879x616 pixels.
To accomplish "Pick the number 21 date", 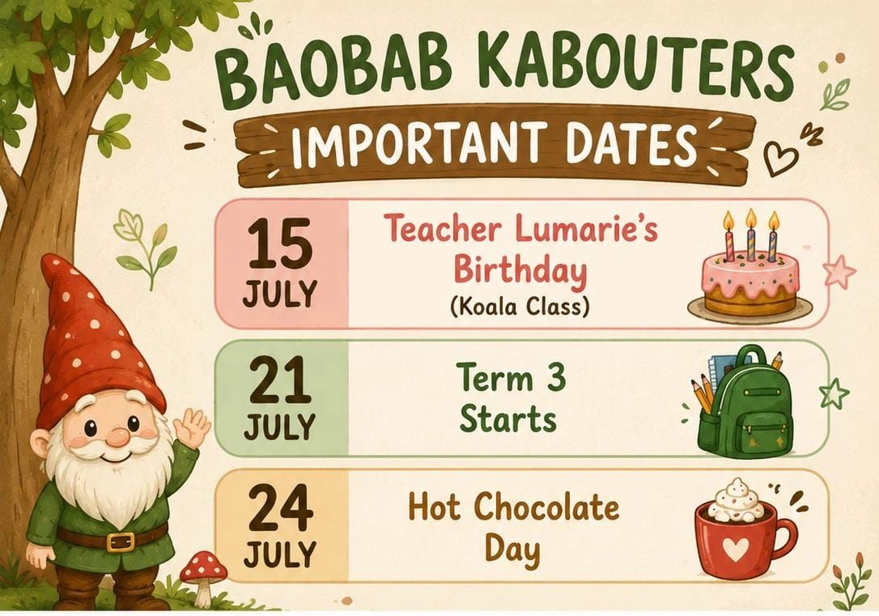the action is (x=279, y=380).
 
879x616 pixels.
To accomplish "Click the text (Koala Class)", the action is (x=520, y=306).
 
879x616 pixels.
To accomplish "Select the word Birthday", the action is (x=520, y=270).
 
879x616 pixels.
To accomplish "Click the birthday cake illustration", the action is (x=750, y=269).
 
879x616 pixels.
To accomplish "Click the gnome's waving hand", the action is (x=190, y=429).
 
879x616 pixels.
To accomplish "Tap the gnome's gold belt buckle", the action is (x=121, y=542).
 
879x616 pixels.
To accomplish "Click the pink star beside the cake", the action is (x=839, y=270).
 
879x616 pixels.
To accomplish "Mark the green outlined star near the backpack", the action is (x=834, y=393).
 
